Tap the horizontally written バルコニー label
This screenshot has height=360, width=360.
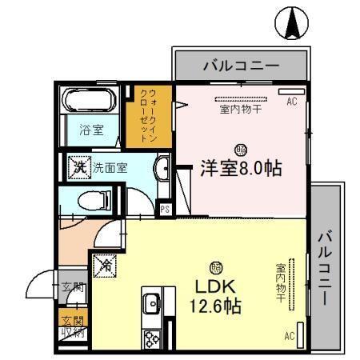pos(240,64)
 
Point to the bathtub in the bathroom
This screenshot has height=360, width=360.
pos(90,102)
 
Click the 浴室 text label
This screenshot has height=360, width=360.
pos(90,129)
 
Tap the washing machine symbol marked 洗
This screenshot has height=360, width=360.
pos(79,167)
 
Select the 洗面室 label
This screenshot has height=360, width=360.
pos(110,168)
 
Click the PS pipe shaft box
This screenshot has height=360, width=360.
pos(165,210)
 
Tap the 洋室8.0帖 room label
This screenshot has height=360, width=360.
pos(240,169)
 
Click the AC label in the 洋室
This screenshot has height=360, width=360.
pos(291,101)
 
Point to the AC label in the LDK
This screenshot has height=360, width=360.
pos(290,336)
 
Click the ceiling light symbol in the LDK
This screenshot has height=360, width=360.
pos(215,267)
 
